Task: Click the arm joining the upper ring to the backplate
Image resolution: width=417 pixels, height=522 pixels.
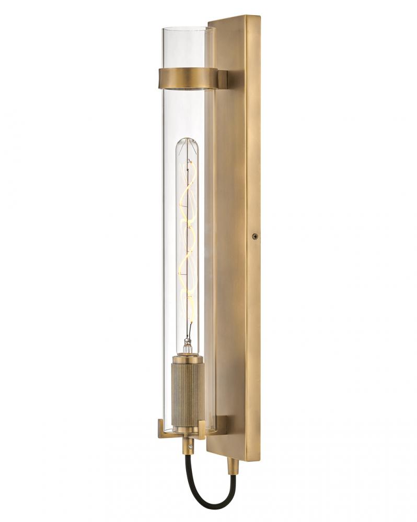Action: coord(222,79)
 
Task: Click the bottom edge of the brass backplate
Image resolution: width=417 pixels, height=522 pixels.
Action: coord(233,455)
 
